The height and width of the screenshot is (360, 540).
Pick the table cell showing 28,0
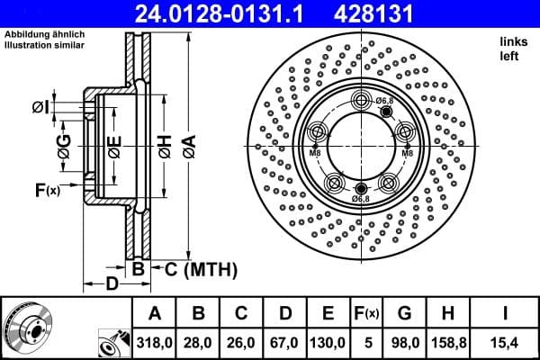pos(198,343)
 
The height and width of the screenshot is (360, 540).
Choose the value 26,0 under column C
pos(241,343)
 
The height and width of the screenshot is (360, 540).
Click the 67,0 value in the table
pos(284,343)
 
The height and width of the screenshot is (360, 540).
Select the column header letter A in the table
pos(154,313)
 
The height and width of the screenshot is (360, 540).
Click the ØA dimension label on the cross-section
pos(188,143)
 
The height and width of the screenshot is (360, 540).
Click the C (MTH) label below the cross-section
pos(191,268)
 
